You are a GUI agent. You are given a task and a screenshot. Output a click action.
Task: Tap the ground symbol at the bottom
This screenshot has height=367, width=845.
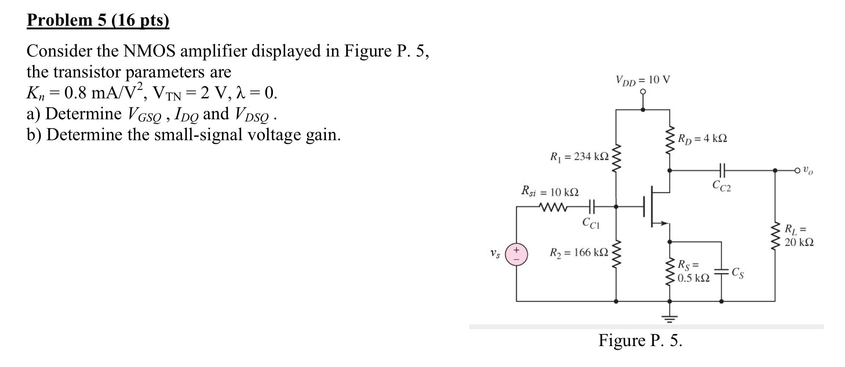click(x=670, y=317)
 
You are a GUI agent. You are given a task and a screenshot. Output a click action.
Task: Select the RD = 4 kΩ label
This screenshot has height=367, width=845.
click(x=702, y=139)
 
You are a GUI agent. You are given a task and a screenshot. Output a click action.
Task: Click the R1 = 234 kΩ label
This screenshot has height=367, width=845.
click(x=579, y=157)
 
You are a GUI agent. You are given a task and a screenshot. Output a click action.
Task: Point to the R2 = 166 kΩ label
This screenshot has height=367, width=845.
click(x=579, y=252)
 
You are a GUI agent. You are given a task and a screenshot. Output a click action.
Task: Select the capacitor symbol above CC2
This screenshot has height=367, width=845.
click(x=721, y=170)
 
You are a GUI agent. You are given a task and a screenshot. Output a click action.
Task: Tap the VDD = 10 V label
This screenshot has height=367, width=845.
click(x=642, y=80)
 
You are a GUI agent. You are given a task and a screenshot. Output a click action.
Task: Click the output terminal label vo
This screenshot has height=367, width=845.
click(x=808, y=170)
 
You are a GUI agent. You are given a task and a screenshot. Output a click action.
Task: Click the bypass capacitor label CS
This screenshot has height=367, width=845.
click(x=737, y=273)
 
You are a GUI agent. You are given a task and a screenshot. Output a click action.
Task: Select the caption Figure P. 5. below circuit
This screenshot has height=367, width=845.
click(x=640, y=340)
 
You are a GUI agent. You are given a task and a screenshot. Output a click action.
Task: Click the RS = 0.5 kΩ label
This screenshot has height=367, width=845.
click(x=693, y=272)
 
